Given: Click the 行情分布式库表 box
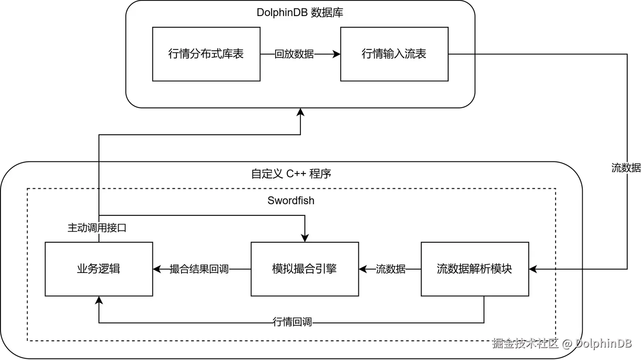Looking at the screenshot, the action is (206, 54).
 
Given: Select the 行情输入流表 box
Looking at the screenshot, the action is (395, 54).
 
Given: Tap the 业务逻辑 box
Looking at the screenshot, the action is (99, 269).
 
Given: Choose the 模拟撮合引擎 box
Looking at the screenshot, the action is (305, 269).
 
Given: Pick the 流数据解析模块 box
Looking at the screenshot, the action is (475, 269).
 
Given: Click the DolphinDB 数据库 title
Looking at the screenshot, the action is (300, 12).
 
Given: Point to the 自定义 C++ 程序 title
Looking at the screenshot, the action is (291, 174).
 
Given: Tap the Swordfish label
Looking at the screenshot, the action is (291, 200).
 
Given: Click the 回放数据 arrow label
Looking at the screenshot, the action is (294, 54).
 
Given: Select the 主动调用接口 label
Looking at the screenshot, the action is (97, 228).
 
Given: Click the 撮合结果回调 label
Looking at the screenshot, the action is (199, 269).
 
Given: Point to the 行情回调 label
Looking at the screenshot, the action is (292, 322).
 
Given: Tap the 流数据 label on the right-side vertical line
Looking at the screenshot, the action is (626, 168).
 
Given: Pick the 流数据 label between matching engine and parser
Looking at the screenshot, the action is (391, 269).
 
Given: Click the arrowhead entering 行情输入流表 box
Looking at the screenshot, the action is (337, 54).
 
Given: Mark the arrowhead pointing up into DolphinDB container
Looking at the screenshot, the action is (300, 112).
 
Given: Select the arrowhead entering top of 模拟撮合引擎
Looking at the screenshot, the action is (305, 238).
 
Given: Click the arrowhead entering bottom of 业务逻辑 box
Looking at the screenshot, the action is (99, 300).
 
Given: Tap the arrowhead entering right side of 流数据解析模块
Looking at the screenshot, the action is (533, 269).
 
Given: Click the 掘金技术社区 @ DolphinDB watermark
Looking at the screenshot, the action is (562, 343).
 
